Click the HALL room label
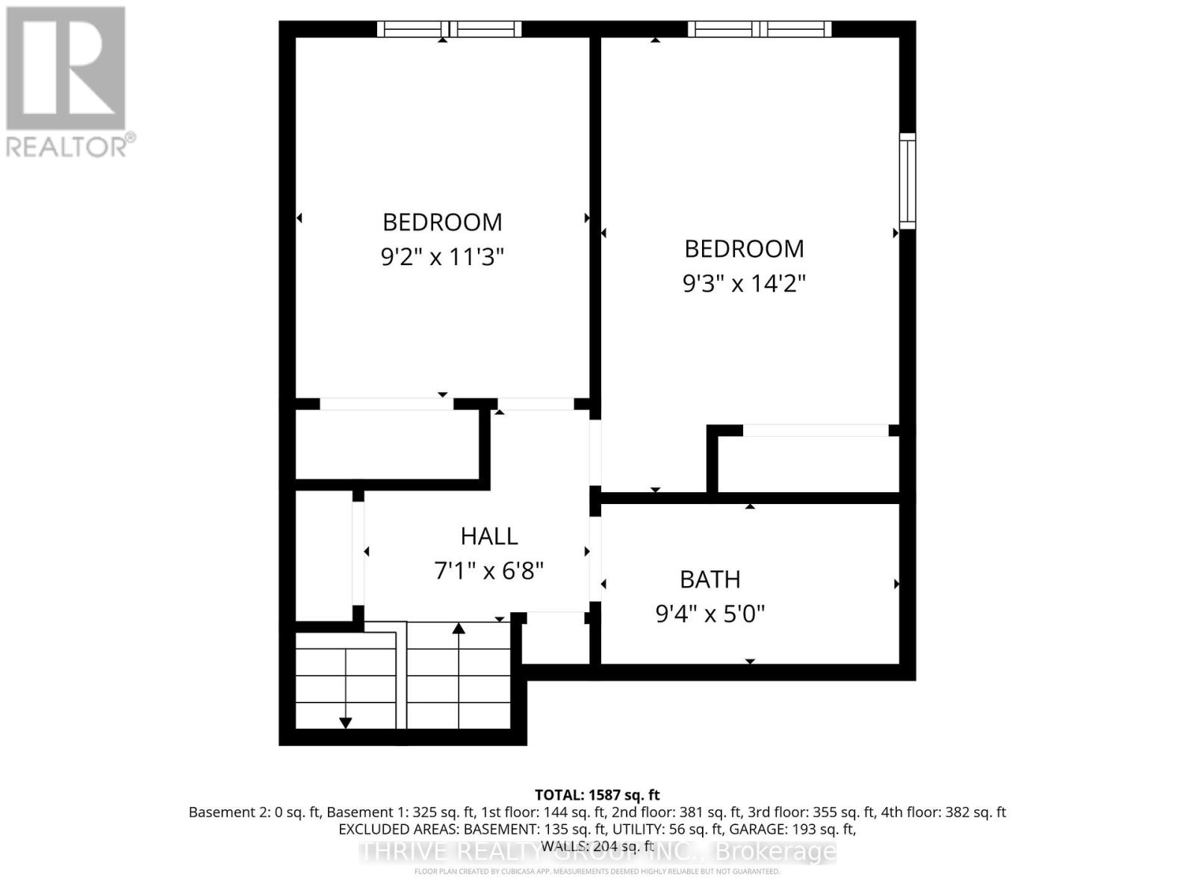[489, 536]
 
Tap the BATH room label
[710, 579]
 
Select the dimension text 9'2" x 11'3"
[442, 258]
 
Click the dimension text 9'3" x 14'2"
[744, 284]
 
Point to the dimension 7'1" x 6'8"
[488, 571]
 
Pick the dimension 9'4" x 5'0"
[710, 615]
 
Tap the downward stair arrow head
[345, 723]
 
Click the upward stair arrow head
[459, 629]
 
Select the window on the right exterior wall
[907, 181]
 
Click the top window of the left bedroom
[448, 29]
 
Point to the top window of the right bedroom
[759, 29]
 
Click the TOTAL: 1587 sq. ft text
[597, 795]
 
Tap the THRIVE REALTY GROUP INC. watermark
[597, 851]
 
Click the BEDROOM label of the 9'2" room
[442, 223]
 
